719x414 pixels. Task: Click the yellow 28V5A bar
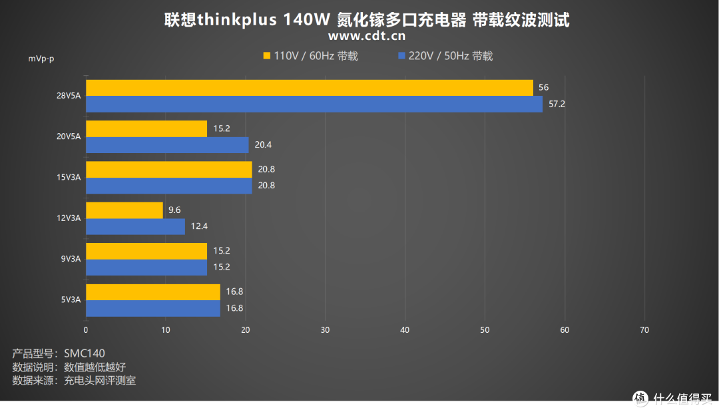point(310,88)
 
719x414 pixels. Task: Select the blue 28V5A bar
point(314,104)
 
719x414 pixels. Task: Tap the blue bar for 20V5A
point(167,145)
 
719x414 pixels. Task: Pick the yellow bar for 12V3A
point(124,210)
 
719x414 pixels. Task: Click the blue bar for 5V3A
point(153,308)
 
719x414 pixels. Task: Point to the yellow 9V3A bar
point(146,251)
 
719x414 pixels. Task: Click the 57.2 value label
point(557,104)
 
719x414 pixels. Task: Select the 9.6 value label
point(174,210)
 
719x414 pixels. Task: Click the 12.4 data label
point(198,226)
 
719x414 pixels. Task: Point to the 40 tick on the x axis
point(405,330)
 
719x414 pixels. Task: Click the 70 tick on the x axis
point(644,330)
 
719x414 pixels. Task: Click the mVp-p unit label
point(41,59)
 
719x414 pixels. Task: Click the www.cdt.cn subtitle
point(367,36)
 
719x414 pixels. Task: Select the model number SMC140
point(85,353)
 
